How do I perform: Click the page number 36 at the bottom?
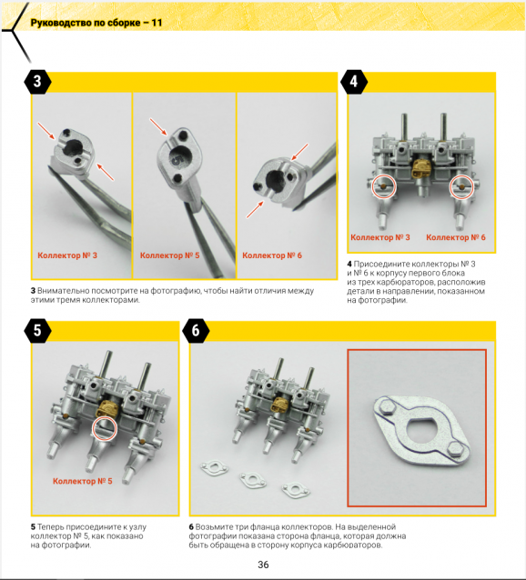(263, 565)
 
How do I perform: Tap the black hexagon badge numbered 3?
(37, 82)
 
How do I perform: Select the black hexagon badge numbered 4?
(353, 82)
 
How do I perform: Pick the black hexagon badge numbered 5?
(37, 330)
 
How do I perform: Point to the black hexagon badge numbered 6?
(196, 330)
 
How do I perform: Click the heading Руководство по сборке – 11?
(96, 23)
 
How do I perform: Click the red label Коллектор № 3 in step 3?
(67, 255)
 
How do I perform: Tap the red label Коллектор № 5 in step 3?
(169, 255)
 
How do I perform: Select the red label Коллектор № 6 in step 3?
(272, 255)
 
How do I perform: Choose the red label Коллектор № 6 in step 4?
(456, 237)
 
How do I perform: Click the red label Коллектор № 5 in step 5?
(83, 481)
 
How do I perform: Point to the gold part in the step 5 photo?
(106, 409)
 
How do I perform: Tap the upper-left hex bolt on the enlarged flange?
(387, 407)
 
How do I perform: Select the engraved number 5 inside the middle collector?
(177, 159)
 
